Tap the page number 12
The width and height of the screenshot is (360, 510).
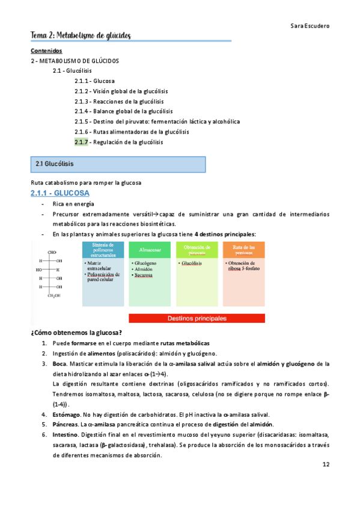[x=326, y=464]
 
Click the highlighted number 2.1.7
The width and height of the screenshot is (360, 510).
[x=81, y=142]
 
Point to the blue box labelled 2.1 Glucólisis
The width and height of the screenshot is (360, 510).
[x=118, y=164]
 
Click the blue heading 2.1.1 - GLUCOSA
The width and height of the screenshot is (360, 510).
[x=60, y=193]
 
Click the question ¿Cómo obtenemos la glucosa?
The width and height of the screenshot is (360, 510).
[x=76, y=332]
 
